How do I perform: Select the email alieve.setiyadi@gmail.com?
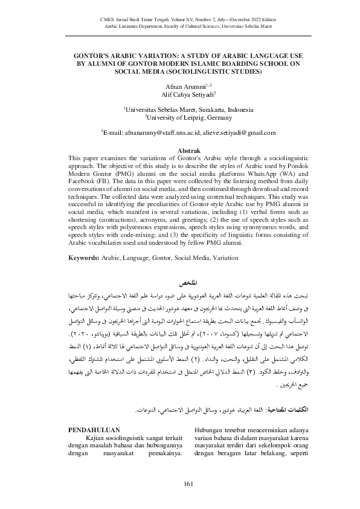[240, 132]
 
